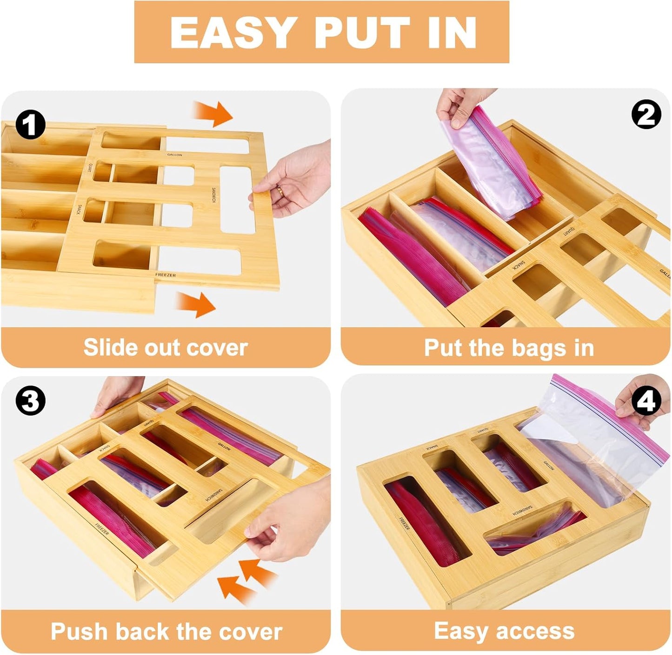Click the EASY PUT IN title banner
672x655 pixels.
(322, 32)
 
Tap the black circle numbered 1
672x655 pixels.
(31, 125)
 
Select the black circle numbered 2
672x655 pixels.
(646, 115)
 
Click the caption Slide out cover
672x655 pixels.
(166, 348)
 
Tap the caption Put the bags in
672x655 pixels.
(509, 348)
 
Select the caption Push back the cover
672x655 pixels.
(166, 632)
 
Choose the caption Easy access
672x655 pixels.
(504, 631)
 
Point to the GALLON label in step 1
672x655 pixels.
(175, 155)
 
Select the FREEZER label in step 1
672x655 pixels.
(166, 275)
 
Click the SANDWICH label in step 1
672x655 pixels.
(213, 196)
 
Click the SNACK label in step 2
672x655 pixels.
(519, 265)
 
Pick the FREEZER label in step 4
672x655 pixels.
(404, 524)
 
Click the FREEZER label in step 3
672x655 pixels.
(102, 529)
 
